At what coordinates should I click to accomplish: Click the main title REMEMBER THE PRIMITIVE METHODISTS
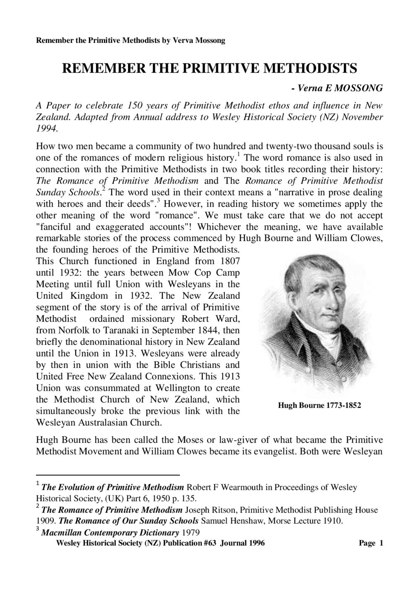(x=209, y=68)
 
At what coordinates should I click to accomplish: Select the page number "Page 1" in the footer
(x=371, y=543)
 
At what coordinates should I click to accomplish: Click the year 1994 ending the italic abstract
(x=46, y=128)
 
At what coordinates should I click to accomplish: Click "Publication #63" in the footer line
(x=190, y=543)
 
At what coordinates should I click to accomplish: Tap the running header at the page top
(x=130, y=41)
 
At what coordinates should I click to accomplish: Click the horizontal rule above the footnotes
(x=108, y=475)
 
